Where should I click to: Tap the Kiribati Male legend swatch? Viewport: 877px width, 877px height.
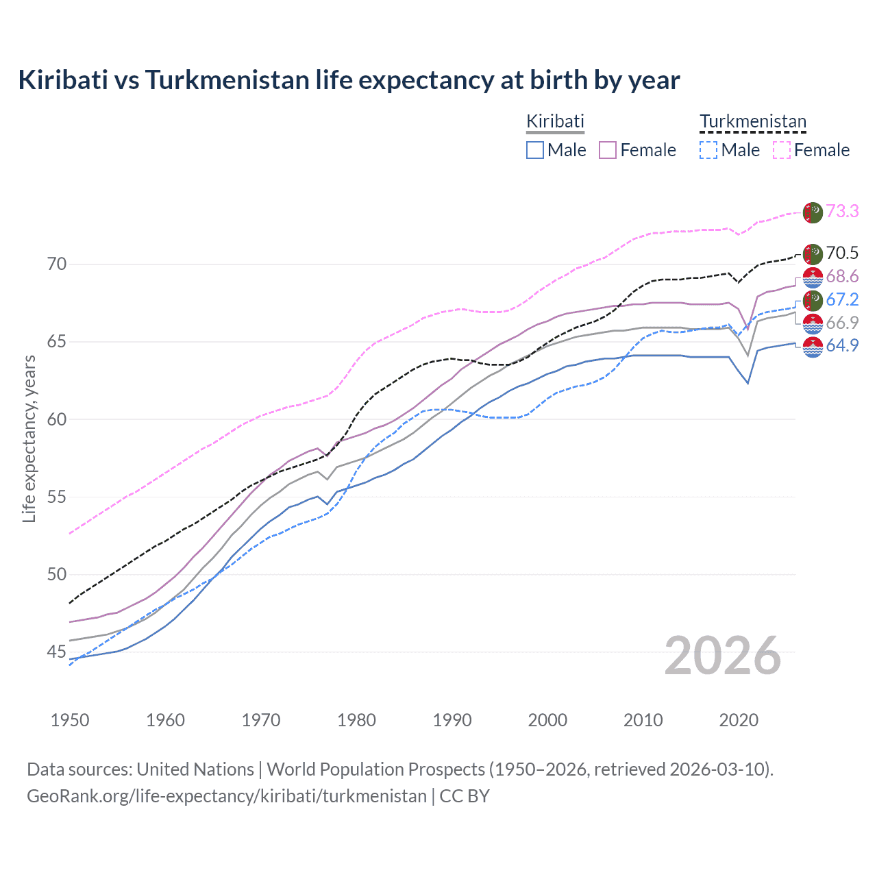coord(535,150)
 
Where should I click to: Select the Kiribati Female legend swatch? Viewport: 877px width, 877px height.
coord(608,150)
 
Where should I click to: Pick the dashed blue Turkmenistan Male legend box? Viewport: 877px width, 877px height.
coord(708,150)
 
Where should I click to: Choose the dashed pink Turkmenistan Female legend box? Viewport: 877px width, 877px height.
coord(782,150)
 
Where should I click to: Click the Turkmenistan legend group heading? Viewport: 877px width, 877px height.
coord(753,122)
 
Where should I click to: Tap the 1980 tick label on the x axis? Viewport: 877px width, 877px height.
coord(356,720)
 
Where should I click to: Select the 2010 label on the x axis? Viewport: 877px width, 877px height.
coord(643,720)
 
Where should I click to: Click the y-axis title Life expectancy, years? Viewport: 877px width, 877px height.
coord(29,438)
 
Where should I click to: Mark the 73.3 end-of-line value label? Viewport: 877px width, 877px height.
coord(842,211)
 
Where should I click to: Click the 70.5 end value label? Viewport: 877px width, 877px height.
coord(842,253)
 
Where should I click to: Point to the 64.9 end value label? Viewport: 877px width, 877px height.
coord(842,345)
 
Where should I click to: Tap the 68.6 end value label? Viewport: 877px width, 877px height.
coord(842,276)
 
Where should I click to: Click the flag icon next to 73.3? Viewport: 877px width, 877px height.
coord(813,212)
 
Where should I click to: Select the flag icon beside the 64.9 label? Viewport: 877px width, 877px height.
coord(813,347)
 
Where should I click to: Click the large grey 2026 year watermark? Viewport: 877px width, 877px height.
coord(723,656)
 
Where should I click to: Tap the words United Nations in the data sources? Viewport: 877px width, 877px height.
coord(195,769)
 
